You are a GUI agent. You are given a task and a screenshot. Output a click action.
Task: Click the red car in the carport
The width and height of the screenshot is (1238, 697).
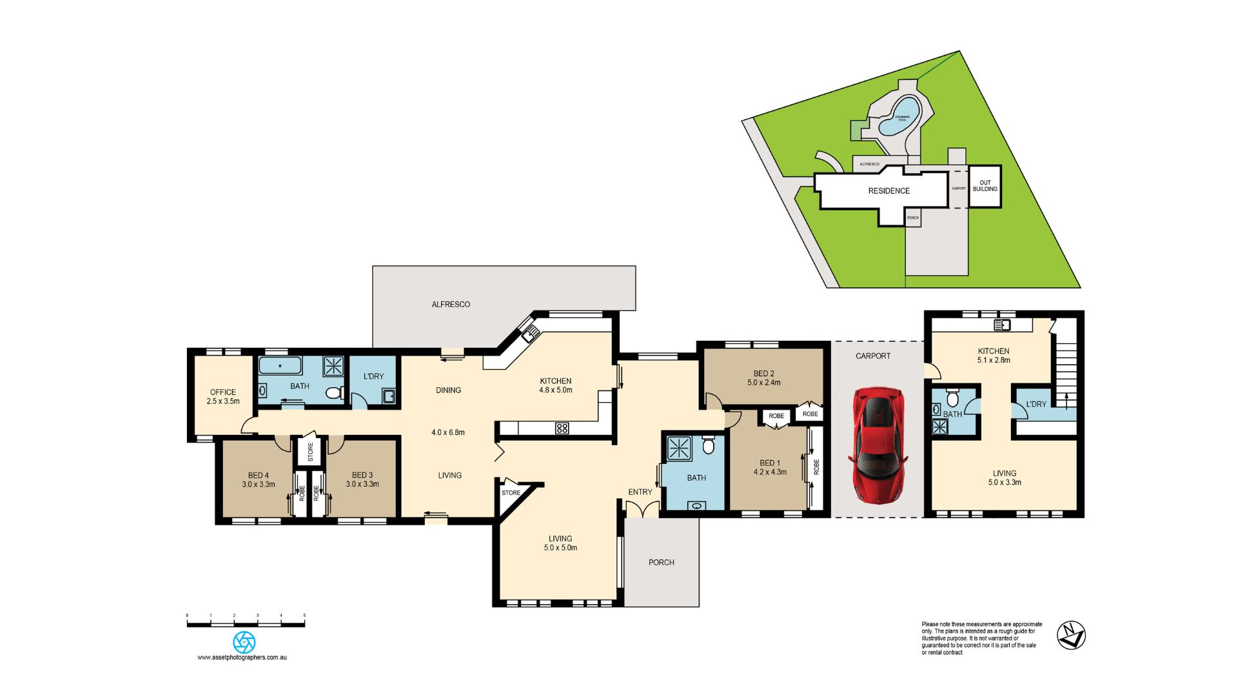click(878, 445)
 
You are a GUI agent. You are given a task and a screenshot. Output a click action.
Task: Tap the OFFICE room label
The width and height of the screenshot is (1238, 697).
click(223, 392)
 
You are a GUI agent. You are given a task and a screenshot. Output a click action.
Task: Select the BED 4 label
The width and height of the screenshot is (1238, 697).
click(258, 475)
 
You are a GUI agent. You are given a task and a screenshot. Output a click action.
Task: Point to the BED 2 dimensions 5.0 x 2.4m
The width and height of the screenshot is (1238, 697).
click(764, 383)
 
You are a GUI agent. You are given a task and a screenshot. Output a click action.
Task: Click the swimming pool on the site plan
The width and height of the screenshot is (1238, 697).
click(900, 116)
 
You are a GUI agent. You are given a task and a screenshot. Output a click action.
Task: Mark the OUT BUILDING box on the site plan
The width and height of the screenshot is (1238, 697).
click(985, 186)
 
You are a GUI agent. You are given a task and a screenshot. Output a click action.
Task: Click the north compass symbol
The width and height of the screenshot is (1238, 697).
click(1071, 634)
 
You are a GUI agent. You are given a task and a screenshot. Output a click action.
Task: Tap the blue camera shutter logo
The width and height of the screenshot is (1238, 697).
click(244, 641)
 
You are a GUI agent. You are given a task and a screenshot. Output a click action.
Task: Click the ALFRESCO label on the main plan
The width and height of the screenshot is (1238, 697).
click(451, 304)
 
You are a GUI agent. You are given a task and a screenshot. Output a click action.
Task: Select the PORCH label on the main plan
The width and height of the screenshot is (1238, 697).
click(661, 562)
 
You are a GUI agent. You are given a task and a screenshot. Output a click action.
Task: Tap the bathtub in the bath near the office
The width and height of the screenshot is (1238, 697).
click(280, 366)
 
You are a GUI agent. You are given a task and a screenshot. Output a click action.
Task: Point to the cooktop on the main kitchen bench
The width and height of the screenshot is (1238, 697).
click(562, 428)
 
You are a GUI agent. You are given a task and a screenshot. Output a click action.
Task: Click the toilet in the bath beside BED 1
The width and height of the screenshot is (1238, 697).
click(708, 445)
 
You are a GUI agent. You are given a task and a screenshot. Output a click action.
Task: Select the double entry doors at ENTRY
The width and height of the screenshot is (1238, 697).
click(642, 509)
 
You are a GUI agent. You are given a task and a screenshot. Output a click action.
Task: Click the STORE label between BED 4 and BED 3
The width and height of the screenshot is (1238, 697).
click(310, 451)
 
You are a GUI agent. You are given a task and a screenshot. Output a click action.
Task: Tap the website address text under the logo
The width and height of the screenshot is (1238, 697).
click(242, 657)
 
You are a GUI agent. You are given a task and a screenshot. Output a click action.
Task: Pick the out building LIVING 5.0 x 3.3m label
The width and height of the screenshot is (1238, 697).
click(1005, 478)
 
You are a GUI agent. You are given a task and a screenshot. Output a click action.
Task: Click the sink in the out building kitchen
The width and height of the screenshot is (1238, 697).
click(1002, 325)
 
